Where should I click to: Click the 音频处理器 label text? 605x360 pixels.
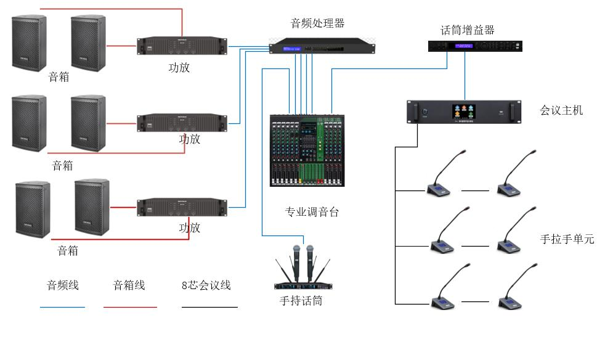click(x=317, y=24)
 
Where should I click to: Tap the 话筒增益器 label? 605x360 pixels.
click(x=467, y=30)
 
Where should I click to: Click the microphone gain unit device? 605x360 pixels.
click(x=475, y=46)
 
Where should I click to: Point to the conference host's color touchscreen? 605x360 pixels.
click(x=463, y=111)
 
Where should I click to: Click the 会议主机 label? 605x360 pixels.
click(x=561, y=111)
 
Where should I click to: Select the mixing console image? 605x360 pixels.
click(x=307, y=150)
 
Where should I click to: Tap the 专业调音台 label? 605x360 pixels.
click(x=312, y=213)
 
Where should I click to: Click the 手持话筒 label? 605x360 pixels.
click(x=301, y=301)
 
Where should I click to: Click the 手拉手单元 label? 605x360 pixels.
click(x=567, y=239)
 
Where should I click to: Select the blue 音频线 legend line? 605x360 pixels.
click(x=62, y=306)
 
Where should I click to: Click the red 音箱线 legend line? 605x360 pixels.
click(x=130, y=306)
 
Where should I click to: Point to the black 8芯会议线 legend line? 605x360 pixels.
click(x=209, y=306)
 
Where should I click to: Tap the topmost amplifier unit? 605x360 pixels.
click(x=182, y=46)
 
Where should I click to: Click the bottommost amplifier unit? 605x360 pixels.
click(x=182, y=207)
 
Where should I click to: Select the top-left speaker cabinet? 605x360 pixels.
click(x=29, y=43)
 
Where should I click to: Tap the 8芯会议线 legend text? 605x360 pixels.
click(x=206, y=285)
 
